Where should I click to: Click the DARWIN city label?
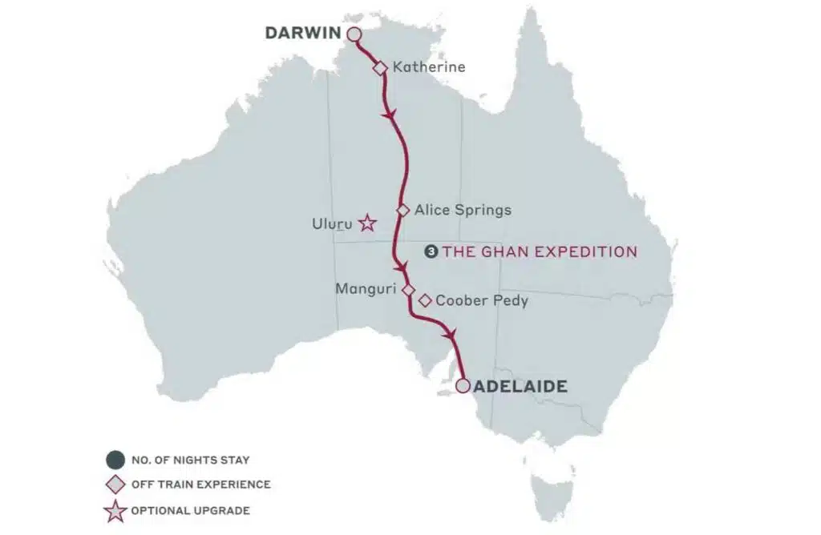pos(303,34)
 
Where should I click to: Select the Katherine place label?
pos(429,67)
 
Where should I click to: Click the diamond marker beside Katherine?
pos(381,68)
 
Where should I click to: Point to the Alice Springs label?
pos(463,211)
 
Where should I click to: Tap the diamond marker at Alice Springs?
pos(403,210)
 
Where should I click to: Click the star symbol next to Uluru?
pos(367,223)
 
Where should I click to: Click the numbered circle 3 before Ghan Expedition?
pos(432,251)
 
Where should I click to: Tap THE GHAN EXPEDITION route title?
pos(540,251)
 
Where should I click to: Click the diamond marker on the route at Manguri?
pos(407,289)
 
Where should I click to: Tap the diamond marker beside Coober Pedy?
pos(425,301)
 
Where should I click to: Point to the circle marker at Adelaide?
pos(463,386)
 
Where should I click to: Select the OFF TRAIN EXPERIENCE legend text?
pos(200,485)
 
